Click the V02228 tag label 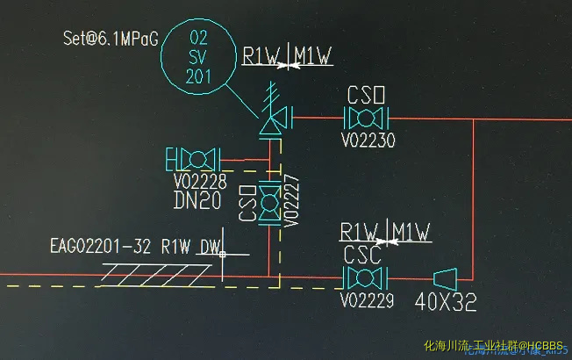coord(199,183)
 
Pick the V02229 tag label coord(368,300)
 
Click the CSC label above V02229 coord(361,256)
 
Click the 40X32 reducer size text coord(446,302)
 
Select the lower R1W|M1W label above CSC coord(386,233)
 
